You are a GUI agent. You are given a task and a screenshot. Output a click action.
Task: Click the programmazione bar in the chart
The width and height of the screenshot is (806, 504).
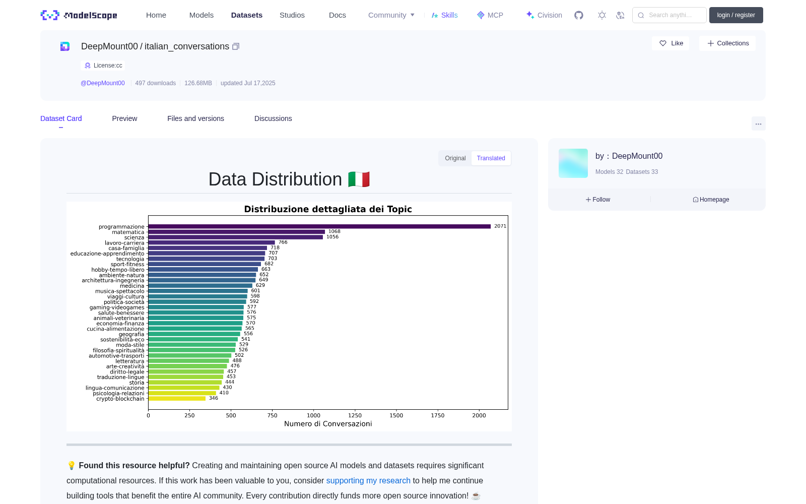319,226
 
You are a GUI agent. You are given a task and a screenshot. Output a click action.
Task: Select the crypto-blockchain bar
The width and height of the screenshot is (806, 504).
177,399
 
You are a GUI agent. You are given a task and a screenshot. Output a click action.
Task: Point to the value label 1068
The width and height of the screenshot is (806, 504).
334,231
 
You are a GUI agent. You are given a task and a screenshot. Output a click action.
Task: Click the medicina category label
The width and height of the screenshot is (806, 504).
132,286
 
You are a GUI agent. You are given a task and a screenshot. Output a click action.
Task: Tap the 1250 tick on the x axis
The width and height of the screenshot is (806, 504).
355,415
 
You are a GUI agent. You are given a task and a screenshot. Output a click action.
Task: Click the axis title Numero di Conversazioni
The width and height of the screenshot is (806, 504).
328,424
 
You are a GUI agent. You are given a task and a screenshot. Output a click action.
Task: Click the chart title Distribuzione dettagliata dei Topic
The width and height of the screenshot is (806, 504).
328,209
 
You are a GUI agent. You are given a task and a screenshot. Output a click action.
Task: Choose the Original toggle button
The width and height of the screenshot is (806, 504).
455,158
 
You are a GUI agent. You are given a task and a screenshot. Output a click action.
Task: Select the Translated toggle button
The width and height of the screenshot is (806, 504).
491,158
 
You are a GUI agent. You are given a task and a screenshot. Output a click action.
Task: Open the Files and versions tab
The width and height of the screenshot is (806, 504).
196,118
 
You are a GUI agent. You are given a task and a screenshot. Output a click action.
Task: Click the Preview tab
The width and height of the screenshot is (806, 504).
124,118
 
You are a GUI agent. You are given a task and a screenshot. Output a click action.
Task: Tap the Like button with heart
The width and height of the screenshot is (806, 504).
670,43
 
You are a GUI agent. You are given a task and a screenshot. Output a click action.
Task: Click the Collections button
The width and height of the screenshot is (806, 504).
727,43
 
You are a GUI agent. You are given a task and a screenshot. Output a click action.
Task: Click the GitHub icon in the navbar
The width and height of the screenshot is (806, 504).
579,15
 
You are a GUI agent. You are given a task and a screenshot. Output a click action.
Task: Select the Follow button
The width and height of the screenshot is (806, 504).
597,200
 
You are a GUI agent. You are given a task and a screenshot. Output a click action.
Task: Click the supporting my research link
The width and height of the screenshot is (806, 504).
368,481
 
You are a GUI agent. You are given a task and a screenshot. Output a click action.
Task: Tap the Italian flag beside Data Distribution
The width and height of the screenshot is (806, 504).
359,179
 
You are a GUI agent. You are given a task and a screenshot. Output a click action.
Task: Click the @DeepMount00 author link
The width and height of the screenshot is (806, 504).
103,83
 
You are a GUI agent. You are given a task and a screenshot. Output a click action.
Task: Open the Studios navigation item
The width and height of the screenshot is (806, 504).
292,15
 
